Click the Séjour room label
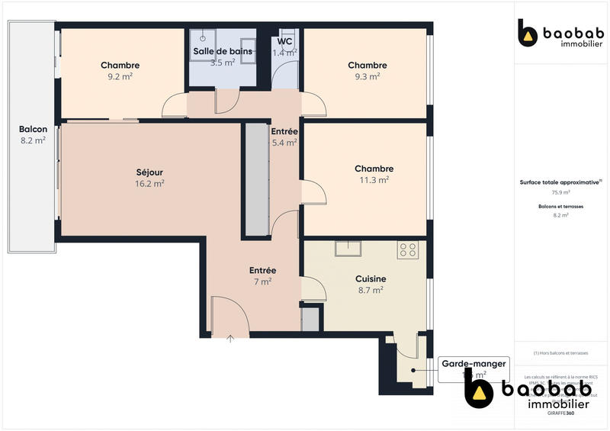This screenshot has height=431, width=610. [149, 172]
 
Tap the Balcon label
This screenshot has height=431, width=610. [33, 129]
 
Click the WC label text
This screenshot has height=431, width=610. [286, 41]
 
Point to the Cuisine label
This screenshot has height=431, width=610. [371, 278]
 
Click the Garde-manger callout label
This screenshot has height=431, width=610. [474, 364]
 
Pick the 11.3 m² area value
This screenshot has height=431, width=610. [374, 180]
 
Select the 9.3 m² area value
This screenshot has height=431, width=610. [367, 76]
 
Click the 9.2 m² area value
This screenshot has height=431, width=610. [120, 76]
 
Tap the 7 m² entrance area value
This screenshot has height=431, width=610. [262, 281]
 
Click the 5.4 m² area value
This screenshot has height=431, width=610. [284, 142]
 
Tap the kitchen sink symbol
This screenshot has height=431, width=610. [347, 248]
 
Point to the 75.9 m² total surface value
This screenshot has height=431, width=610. [560, 191]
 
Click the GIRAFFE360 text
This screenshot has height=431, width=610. [560, 413]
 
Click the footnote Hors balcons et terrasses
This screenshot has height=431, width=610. [560, 353]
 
